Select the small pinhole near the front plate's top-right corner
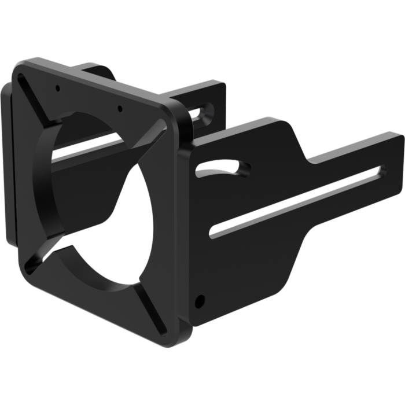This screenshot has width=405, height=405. point(119,107)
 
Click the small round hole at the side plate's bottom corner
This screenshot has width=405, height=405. point(200,301)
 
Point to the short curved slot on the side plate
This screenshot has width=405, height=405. point(223,168)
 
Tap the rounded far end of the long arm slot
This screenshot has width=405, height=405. point(379,169)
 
